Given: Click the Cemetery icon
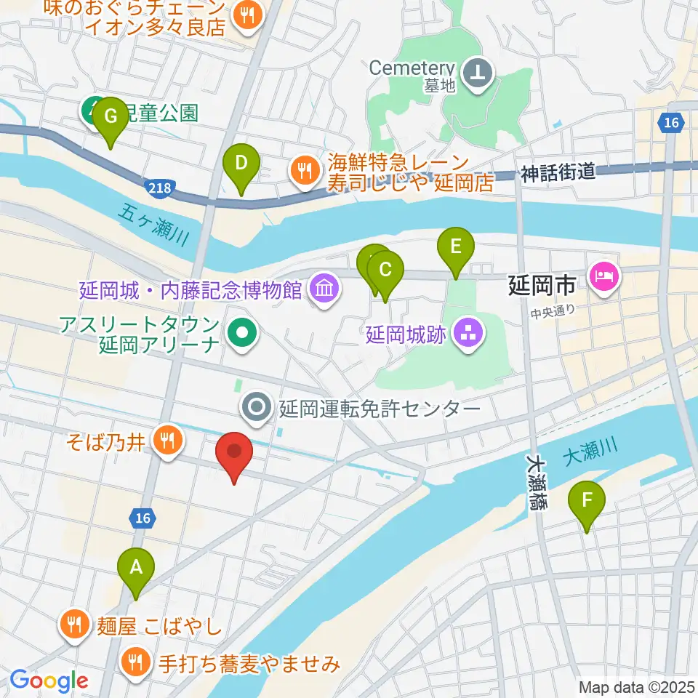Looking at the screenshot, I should [x=479, y=72].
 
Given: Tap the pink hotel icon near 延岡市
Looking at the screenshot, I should [x=605, y=276].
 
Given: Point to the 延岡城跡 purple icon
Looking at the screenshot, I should [x=467, y=334].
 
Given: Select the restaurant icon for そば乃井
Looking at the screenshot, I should [x=167, y=439].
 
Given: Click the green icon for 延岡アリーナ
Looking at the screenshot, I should [x=241, y=334].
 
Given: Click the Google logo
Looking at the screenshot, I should [x=49, y=681].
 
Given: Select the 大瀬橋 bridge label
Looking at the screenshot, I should [x=537, y=483].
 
